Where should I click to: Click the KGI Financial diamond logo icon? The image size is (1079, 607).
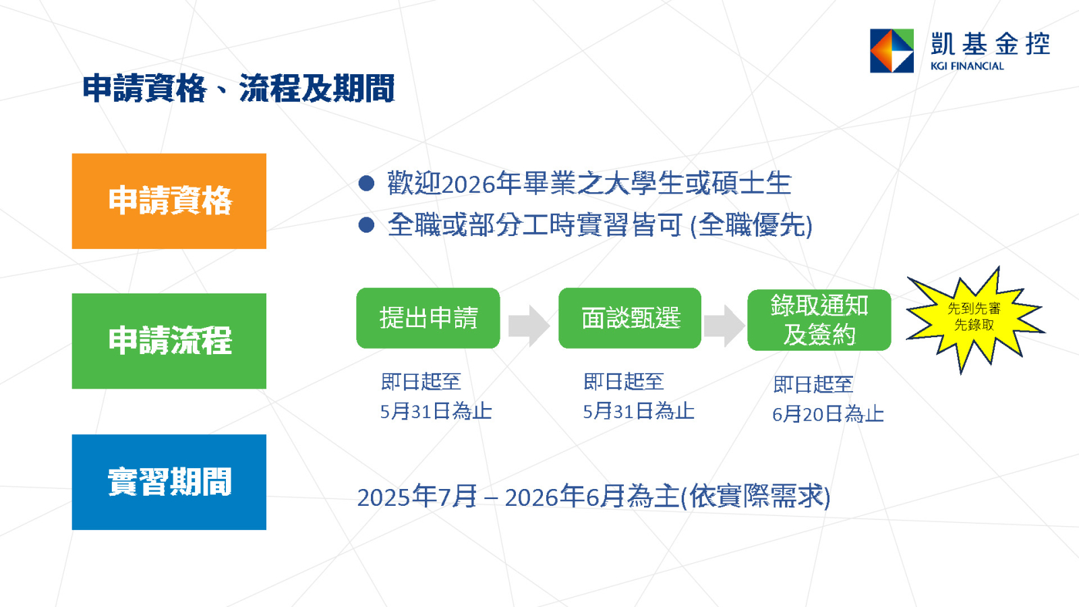point(892,51)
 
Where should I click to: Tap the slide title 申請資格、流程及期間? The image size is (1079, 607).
point(239,88)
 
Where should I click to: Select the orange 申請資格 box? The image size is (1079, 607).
point(169,201)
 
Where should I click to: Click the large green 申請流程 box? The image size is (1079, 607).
point(169,341)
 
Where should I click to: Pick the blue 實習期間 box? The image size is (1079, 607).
point(169,482)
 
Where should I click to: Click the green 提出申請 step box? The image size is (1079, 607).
point(428,318)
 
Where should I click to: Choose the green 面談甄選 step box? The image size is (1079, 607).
point(630,318)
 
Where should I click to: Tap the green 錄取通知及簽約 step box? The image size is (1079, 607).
point(819,320)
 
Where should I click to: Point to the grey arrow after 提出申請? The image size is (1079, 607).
point(529,326)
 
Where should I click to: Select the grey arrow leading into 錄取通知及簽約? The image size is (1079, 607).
point(724,326)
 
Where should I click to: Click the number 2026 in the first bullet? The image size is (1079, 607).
point(468,185)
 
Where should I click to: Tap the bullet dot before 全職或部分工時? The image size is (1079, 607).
point(367,225)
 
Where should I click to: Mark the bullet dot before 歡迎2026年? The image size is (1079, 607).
point(367,183)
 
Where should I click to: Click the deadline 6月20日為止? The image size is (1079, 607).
point(828,414)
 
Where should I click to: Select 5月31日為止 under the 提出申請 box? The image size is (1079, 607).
point(436,411)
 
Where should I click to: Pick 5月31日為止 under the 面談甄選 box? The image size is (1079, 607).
point(639,411)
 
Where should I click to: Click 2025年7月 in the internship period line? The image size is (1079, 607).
point(417,497)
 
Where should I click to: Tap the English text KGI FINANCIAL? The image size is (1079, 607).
point(967,66)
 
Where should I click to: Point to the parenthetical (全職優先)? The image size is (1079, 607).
point(751,225)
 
